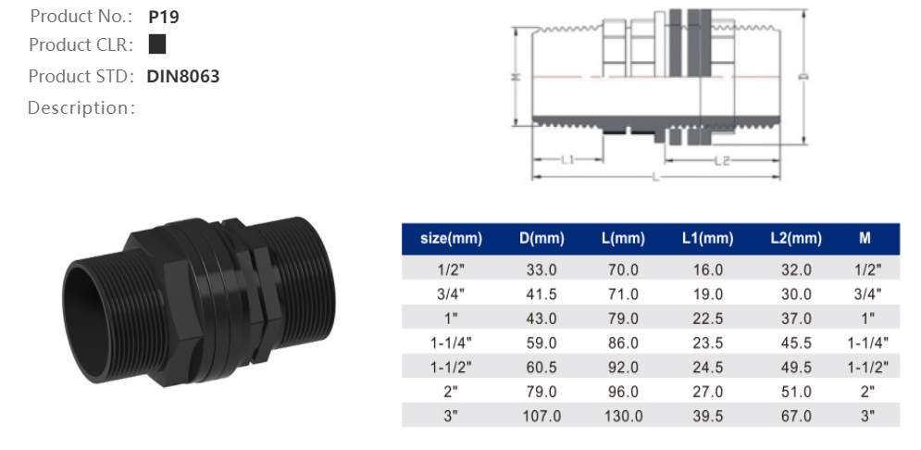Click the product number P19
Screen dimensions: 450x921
tap(162, 17)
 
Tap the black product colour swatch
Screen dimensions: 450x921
tap(157, 44)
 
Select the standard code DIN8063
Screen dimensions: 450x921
tap(183, 76)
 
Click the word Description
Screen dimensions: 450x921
tap(81, 108)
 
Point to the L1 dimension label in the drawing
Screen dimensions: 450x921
tap(568, 160)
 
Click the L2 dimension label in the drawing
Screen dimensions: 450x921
tap(723, 160)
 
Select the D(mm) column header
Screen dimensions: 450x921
tap(541, 239)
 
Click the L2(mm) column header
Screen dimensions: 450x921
tap(795, 239)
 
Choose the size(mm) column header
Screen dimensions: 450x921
tap(451, 239)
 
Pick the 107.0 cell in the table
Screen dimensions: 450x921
tap(541, 416)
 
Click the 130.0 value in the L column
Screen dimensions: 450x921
tap(623, 416)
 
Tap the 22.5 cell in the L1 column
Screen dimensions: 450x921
tap(707, 319)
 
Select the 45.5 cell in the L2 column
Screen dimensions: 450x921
tap(795, 343)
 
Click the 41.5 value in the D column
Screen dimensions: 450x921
tap(541, 294)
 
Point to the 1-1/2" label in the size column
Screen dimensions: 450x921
tap(451, 367)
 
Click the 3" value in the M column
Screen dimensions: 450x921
tap(866, 416)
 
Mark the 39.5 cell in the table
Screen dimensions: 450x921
tap(707, 416)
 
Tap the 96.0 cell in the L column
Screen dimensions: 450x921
tap(623, 392)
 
